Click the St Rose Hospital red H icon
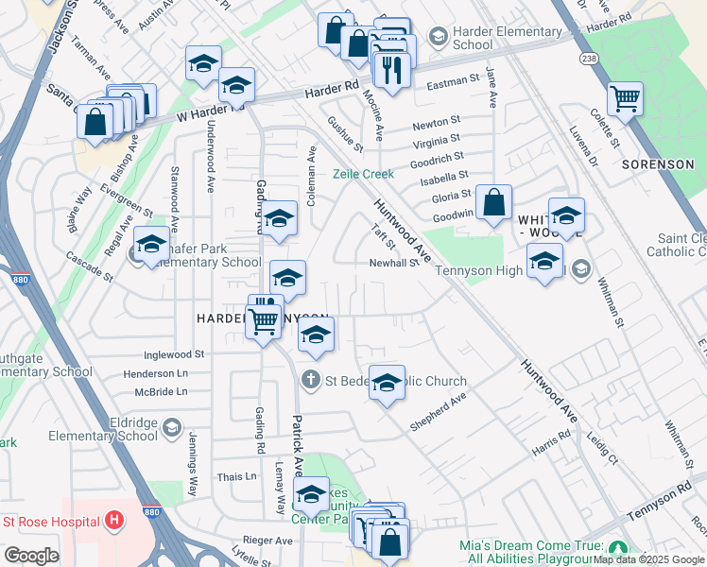(114, 521)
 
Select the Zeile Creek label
(363, 174)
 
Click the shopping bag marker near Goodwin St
(494, 202)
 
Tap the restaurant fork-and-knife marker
(390, 70)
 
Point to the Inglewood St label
(174, 353)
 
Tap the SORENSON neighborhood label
(658, 163)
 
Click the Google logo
(31, 555)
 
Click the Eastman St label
(454, 83)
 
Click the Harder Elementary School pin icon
(438, 37)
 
